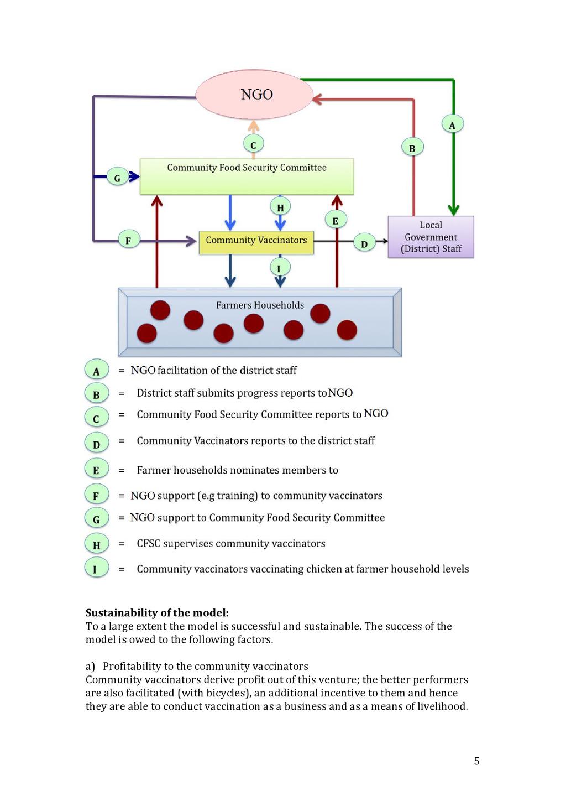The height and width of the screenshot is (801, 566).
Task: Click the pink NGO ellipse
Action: tap(255, 95)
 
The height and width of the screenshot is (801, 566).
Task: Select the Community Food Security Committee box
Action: tap(247, 176)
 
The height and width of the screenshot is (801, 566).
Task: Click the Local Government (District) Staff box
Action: tap(431, 237)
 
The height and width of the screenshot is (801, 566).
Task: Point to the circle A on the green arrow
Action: tap(452, 124)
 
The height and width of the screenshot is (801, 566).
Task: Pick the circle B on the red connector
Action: tap(412, 148)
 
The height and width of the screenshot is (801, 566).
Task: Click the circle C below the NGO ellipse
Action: tap(253, 145)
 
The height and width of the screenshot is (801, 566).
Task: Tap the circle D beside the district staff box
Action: tap(364, 243)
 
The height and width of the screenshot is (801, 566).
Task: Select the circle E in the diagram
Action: tap(335, 220)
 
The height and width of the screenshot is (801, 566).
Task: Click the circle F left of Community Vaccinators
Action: tap(128, 240)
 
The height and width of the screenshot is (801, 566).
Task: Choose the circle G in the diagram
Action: tap(117, 178)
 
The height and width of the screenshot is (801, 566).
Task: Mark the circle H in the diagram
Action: tap(280, 207)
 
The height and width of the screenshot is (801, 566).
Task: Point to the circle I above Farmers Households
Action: tap(279, 268)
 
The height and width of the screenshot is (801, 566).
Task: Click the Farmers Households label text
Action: tap(260, 305)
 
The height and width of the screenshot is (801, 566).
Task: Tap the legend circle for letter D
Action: tap(96, 443)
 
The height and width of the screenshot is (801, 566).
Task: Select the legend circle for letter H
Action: tap(96, 545)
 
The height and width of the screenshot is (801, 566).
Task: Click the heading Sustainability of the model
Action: tap(157, 613)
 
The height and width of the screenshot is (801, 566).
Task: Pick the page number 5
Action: tap(476, 761)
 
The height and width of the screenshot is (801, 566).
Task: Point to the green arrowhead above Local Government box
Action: tap(453, 210)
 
